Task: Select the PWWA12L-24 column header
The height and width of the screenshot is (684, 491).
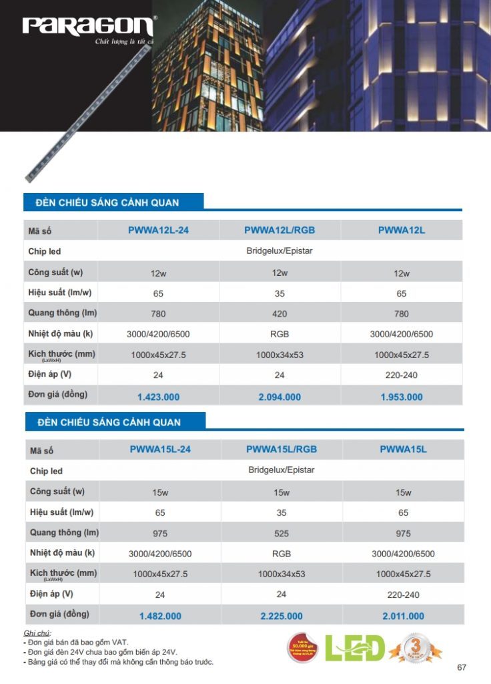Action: click(158, 230)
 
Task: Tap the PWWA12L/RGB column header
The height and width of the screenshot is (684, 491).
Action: click(280, 230)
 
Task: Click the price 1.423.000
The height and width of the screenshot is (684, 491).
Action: click(158, 397)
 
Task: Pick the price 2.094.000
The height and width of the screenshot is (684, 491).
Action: click(280, 397)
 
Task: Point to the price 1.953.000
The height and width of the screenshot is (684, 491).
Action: click(402, 397)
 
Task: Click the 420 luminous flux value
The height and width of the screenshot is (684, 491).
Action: click(280, 314)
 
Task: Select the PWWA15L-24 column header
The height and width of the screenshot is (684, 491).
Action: click(160, 450)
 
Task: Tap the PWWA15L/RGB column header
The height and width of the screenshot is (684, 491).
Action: click(282, 450)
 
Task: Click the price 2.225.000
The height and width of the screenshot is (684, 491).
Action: click(282, 617)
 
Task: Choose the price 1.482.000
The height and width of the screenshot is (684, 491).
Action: click(160, 617)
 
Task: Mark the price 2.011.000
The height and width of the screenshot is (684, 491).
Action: click(403, 617)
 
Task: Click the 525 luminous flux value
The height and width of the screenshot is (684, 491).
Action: click(282, 534)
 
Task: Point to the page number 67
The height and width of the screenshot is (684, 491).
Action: click(462, 667)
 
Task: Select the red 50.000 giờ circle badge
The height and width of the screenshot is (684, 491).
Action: click(303, 648)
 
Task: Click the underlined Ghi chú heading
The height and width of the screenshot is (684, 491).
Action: click(37, 632)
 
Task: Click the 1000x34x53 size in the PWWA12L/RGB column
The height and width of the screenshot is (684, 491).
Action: click(280, 355)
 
